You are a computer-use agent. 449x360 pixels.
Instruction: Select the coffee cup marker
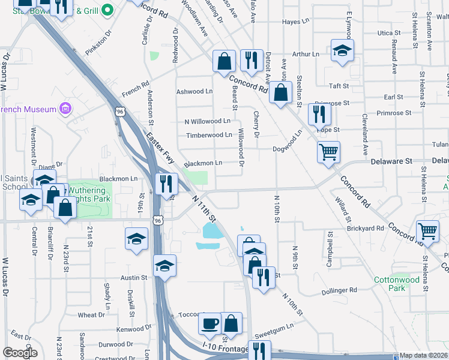(x=209, y=323)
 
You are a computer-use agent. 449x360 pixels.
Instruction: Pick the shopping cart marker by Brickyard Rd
(x=427, y=230)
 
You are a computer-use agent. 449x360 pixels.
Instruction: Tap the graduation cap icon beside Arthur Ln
(x=342, y=50)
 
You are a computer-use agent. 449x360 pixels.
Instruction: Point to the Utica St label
(x=389, y=33)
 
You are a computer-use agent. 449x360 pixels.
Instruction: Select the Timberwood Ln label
(x=209, y=135)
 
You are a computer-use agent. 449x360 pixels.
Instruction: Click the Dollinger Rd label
(x=339, y=290)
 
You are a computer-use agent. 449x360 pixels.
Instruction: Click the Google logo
(x=20, y=353)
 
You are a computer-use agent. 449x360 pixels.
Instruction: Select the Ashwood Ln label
(x=194, y=92)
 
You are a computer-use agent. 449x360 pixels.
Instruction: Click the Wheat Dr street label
(x=91, y=315)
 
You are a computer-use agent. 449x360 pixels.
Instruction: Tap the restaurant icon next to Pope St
(x=319, y=113)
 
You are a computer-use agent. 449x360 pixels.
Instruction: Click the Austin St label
(x=133, y=278)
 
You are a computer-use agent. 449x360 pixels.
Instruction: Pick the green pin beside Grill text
(x=107, y=10)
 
